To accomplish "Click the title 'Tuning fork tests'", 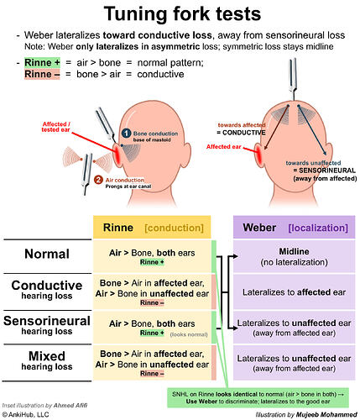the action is click(182, 13).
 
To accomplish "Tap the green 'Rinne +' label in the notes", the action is click(42, 63).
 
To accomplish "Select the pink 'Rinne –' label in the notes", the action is click(42, 74).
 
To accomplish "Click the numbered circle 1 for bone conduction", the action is click(126, 134).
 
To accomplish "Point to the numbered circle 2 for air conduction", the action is click(98, 180).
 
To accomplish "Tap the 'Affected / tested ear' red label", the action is click(56, 127).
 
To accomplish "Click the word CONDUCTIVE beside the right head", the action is click(244, 133).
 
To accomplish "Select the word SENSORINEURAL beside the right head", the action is click(327, 171).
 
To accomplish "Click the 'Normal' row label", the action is click(47, 254).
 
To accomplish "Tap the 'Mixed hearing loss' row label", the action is click(47, 360).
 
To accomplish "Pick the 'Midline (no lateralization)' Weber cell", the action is click(295, 256).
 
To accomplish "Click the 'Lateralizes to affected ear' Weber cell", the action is click(295, 292).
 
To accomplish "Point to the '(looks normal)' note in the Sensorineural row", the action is click(189, 334).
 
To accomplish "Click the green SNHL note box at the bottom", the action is click(258, 397).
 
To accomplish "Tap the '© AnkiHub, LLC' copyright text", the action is click(25, 415).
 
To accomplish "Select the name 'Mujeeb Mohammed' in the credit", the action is click(326, 414).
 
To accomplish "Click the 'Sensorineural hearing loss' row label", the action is click(47, 325).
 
